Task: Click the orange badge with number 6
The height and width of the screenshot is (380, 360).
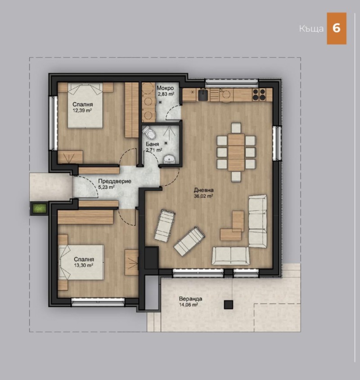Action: (x=336, y=28)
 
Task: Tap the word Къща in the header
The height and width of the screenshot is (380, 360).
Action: (x=311, y=29)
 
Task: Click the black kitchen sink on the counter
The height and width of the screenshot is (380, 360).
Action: (x=203, y=94)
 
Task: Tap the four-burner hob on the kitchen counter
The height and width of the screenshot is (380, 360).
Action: (x=259, y=94)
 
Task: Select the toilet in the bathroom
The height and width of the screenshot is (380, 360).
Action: (x=150, y=133)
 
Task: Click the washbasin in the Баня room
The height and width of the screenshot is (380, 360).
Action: (x=169, y=159)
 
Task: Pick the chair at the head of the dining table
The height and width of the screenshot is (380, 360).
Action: (x=236, y=127)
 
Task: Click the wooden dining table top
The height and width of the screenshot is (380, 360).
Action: (x=236, y=152)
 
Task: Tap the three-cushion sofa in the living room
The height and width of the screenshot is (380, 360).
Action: (x=257, y=221)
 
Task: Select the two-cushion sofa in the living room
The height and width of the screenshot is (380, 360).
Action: (x=230, y=255)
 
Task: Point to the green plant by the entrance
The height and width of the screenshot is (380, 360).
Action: (x=39, y=209)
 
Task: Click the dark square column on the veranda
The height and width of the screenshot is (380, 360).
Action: (x=229, y=304)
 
